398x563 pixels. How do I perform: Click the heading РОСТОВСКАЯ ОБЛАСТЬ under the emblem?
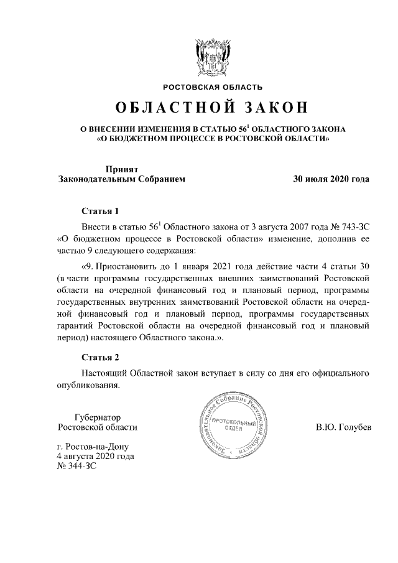coord(213,86)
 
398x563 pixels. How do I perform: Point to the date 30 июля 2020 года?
coord(331,179)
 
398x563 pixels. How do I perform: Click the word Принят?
coord(121,169)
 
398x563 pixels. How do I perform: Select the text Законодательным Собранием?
coord(121,179)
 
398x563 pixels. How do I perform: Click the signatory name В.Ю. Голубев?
coord(343,427)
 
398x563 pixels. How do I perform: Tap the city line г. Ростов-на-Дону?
coord(94,447)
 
